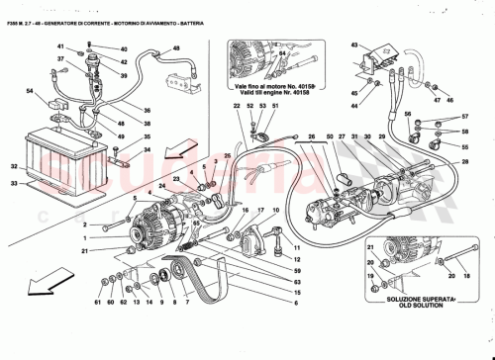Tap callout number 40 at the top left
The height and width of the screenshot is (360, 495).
pos(123,48)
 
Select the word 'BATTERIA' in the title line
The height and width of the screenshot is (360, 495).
pos(194,9)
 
